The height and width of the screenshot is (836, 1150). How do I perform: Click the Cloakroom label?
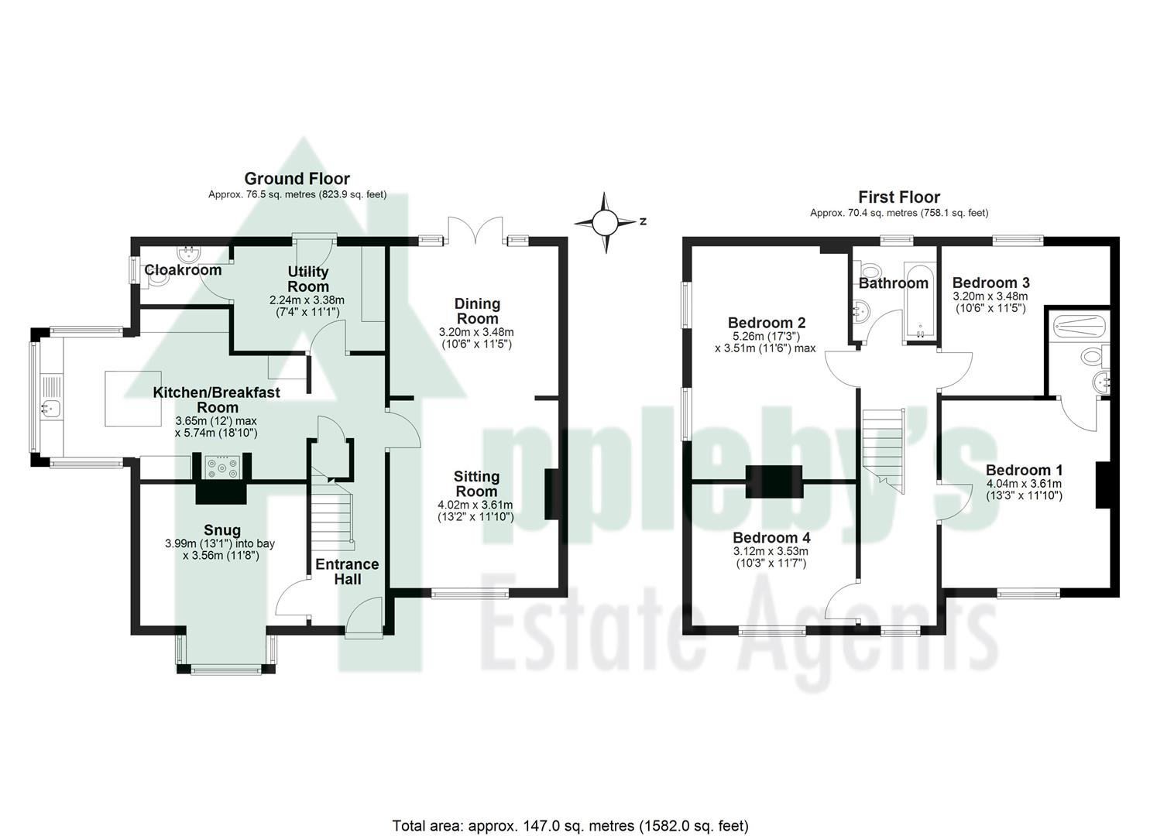[x=183, y=270]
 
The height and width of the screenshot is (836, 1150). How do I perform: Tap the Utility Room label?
[x=308, y=279]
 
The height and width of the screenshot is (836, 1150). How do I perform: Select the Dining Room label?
[x=477, y=310]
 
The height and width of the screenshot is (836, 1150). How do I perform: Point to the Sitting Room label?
[x=476, y=484]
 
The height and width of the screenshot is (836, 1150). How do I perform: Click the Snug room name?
[x=222, y=530]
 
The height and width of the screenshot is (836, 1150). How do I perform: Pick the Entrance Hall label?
[x=347, y=571]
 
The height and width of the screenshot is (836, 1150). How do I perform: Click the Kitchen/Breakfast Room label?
[x=217, y=399]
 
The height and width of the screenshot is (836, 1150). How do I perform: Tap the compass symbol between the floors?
[x=606, y=222]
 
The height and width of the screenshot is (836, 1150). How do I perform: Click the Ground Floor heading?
[x=297, y=179]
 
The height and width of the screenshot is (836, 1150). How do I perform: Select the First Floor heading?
[x=899, y=197]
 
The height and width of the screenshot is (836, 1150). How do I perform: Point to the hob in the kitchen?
[x=221, y=468]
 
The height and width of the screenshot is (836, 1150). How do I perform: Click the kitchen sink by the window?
[x=52, y=408]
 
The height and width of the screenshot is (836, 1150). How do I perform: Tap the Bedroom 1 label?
[x=1024, y=470]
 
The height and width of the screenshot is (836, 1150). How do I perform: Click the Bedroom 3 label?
[x=990, y=283]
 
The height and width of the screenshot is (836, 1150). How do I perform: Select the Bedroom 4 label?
[x=771, y=537]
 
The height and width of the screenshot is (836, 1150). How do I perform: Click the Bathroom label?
[x=893, y=283]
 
